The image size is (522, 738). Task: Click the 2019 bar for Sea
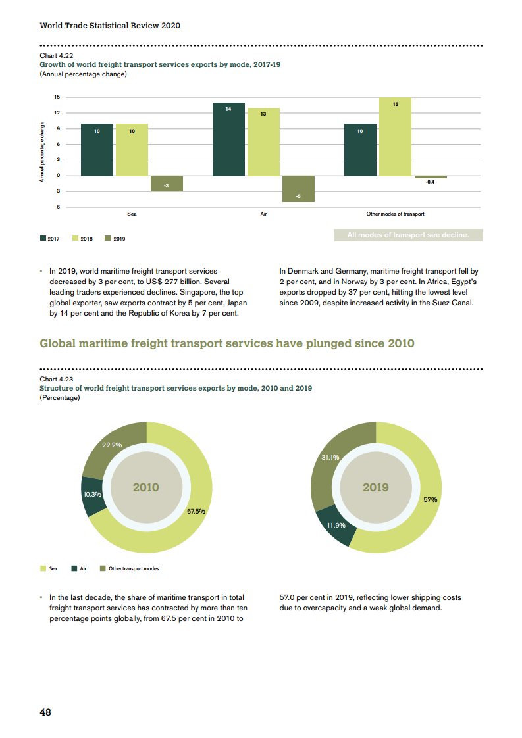pyautogui.click(x=167, y=184)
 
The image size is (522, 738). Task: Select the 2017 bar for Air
pyautogui.click(x=228, y=139)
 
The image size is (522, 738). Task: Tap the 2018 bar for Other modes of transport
pyautogui.click(x=395, y=136)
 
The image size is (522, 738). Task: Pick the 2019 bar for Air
pyautogui.click(x=298, y=189)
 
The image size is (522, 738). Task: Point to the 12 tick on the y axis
pyautogui.click(x=57, y=113)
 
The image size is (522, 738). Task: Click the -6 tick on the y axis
pyautogui.click(x=57, y=207)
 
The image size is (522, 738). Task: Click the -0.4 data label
pyautogui.click(x=430, y=182)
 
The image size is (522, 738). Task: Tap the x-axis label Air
pyautogui.click(x=263, y=214)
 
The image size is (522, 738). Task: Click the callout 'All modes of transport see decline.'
pyautogui.click(x=407, y=235)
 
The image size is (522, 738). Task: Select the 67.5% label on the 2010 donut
pyautogui.click(x=196, y=511)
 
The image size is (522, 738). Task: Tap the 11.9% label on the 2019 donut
pyautogui.click(x=336, y=525)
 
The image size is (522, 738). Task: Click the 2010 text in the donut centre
pyautogui.click(x=146, y=487)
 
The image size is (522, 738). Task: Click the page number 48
pyautogui.click(x=45, y=712)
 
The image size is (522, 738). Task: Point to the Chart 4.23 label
pyautogui.click(x=57, y=380)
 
